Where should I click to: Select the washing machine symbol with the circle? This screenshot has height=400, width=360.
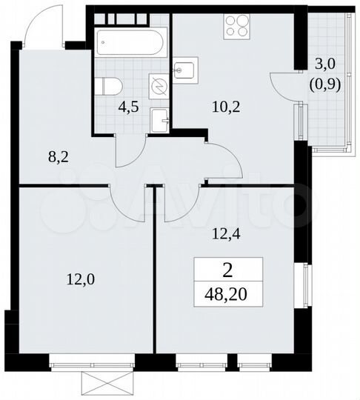[159, 85]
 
